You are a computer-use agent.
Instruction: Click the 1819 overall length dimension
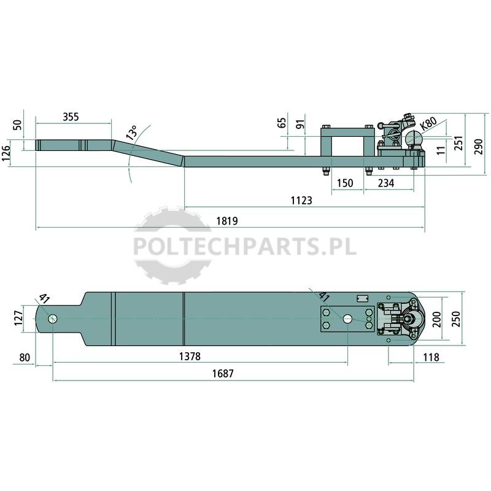point(227,221)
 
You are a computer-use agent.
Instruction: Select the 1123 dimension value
point(301,201)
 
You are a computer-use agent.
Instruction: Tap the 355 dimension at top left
point(71,117)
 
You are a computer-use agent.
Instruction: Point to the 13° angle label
point(132,133)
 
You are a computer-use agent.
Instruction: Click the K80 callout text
point(428,124)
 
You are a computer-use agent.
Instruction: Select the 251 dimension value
point(458,143)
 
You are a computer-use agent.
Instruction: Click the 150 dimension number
point(345,183)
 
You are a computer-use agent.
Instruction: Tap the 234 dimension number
point(386,183)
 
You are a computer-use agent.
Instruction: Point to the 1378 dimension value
point(190,357)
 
